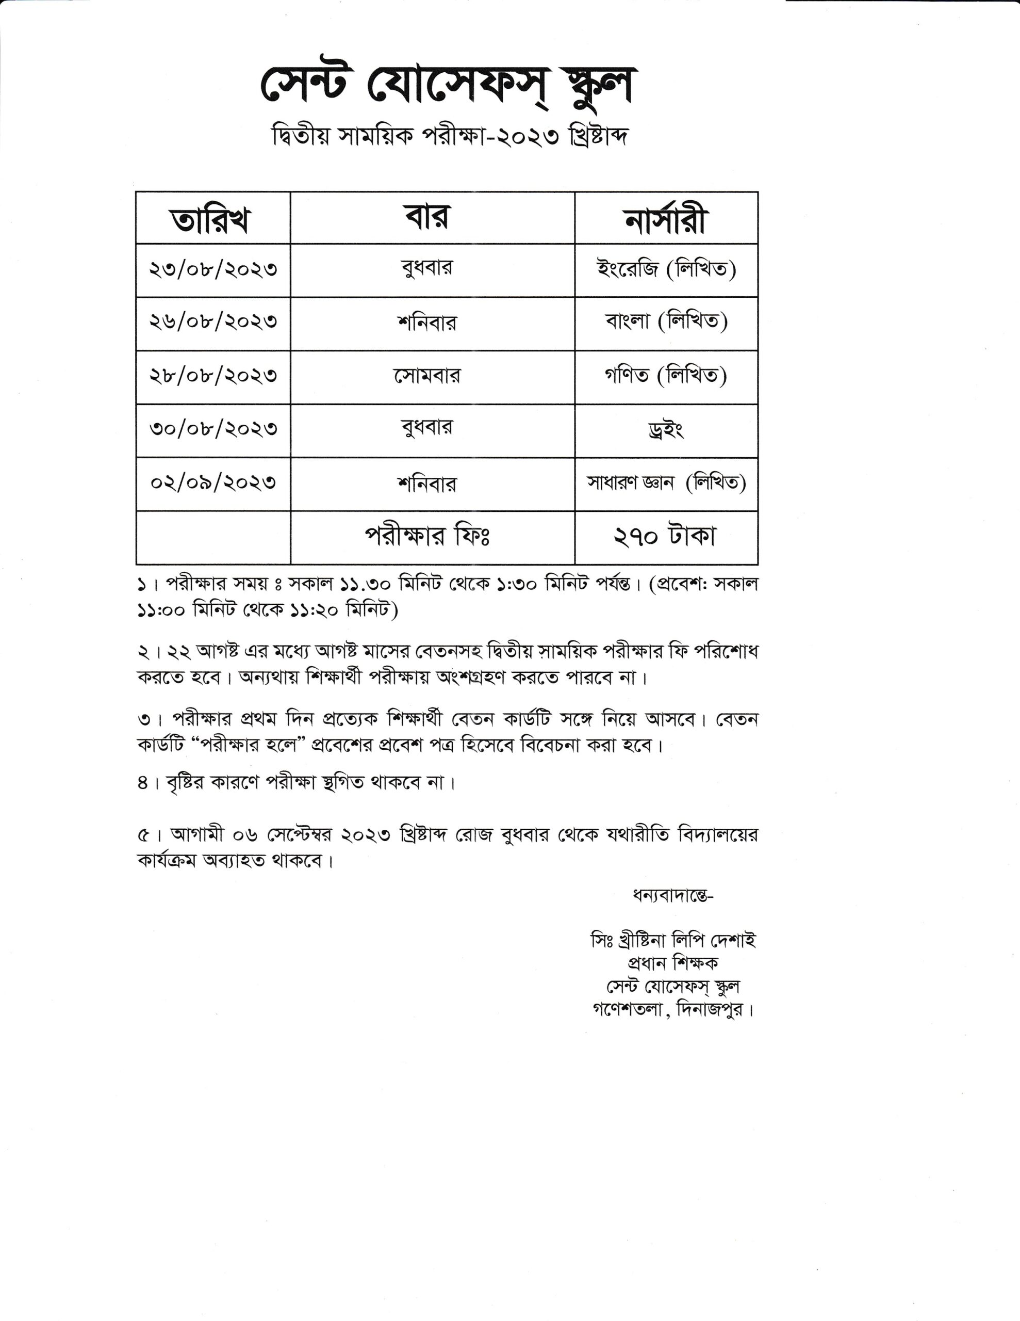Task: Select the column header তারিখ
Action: tap(211, 219)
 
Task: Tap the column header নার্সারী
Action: tap(666, 219)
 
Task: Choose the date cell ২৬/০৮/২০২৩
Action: tap(213, 323)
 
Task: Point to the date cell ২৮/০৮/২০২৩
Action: tap(213, 376)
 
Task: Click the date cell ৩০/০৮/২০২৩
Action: tap(213, 429)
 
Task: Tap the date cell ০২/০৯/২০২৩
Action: tap(213, 482)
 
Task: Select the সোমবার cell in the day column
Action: tap(427, 376)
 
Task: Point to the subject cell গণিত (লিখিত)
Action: tap(666, 376)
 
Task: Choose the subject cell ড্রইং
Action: tap(665, 430)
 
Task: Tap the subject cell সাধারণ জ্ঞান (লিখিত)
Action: tap(666, 482)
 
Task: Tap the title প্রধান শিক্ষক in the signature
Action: tap(673, 962)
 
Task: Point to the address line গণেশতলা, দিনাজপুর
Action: tap(673, 1009)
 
